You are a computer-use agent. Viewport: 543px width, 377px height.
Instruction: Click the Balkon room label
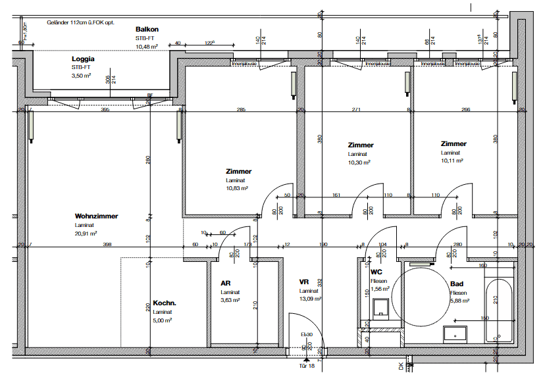coord(147,30)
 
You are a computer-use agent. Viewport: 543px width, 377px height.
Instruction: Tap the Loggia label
coord(82,59)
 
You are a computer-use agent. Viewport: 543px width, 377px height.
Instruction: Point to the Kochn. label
coord(165,303)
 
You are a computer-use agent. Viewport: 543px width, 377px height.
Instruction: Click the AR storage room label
coord(225,283)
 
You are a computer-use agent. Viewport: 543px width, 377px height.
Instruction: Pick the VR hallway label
coord(304,282)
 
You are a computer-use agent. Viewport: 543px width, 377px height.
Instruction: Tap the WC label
coord(376,272)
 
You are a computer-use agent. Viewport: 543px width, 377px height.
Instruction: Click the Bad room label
coord(455,285)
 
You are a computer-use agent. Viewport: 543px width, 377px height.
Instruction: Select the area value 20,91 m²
coord(86,233)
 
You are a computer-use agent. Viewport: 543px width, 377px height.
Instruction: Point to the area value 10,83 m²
coord(237,188)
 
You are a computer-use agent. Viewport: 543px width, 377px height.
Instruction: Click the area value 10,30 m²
coord(359,162)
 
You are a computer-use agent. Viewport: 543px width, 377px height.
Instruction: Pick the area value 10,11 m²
coord(452,160)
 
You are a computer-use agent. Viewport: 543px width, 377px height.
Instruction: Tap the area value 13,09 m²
coord(311,299)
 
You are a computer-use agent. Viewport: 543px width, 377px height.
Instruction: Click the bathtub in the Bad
coord(498,310)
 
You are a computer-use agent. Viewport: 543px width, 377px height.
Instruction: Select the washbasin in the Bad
coord(454,334)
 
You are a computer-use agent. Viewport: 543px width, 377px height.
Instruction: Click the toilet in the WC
coord(380,309)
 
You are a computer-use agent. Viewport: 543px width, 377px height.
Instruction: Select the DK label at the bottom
coord(400,365)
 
